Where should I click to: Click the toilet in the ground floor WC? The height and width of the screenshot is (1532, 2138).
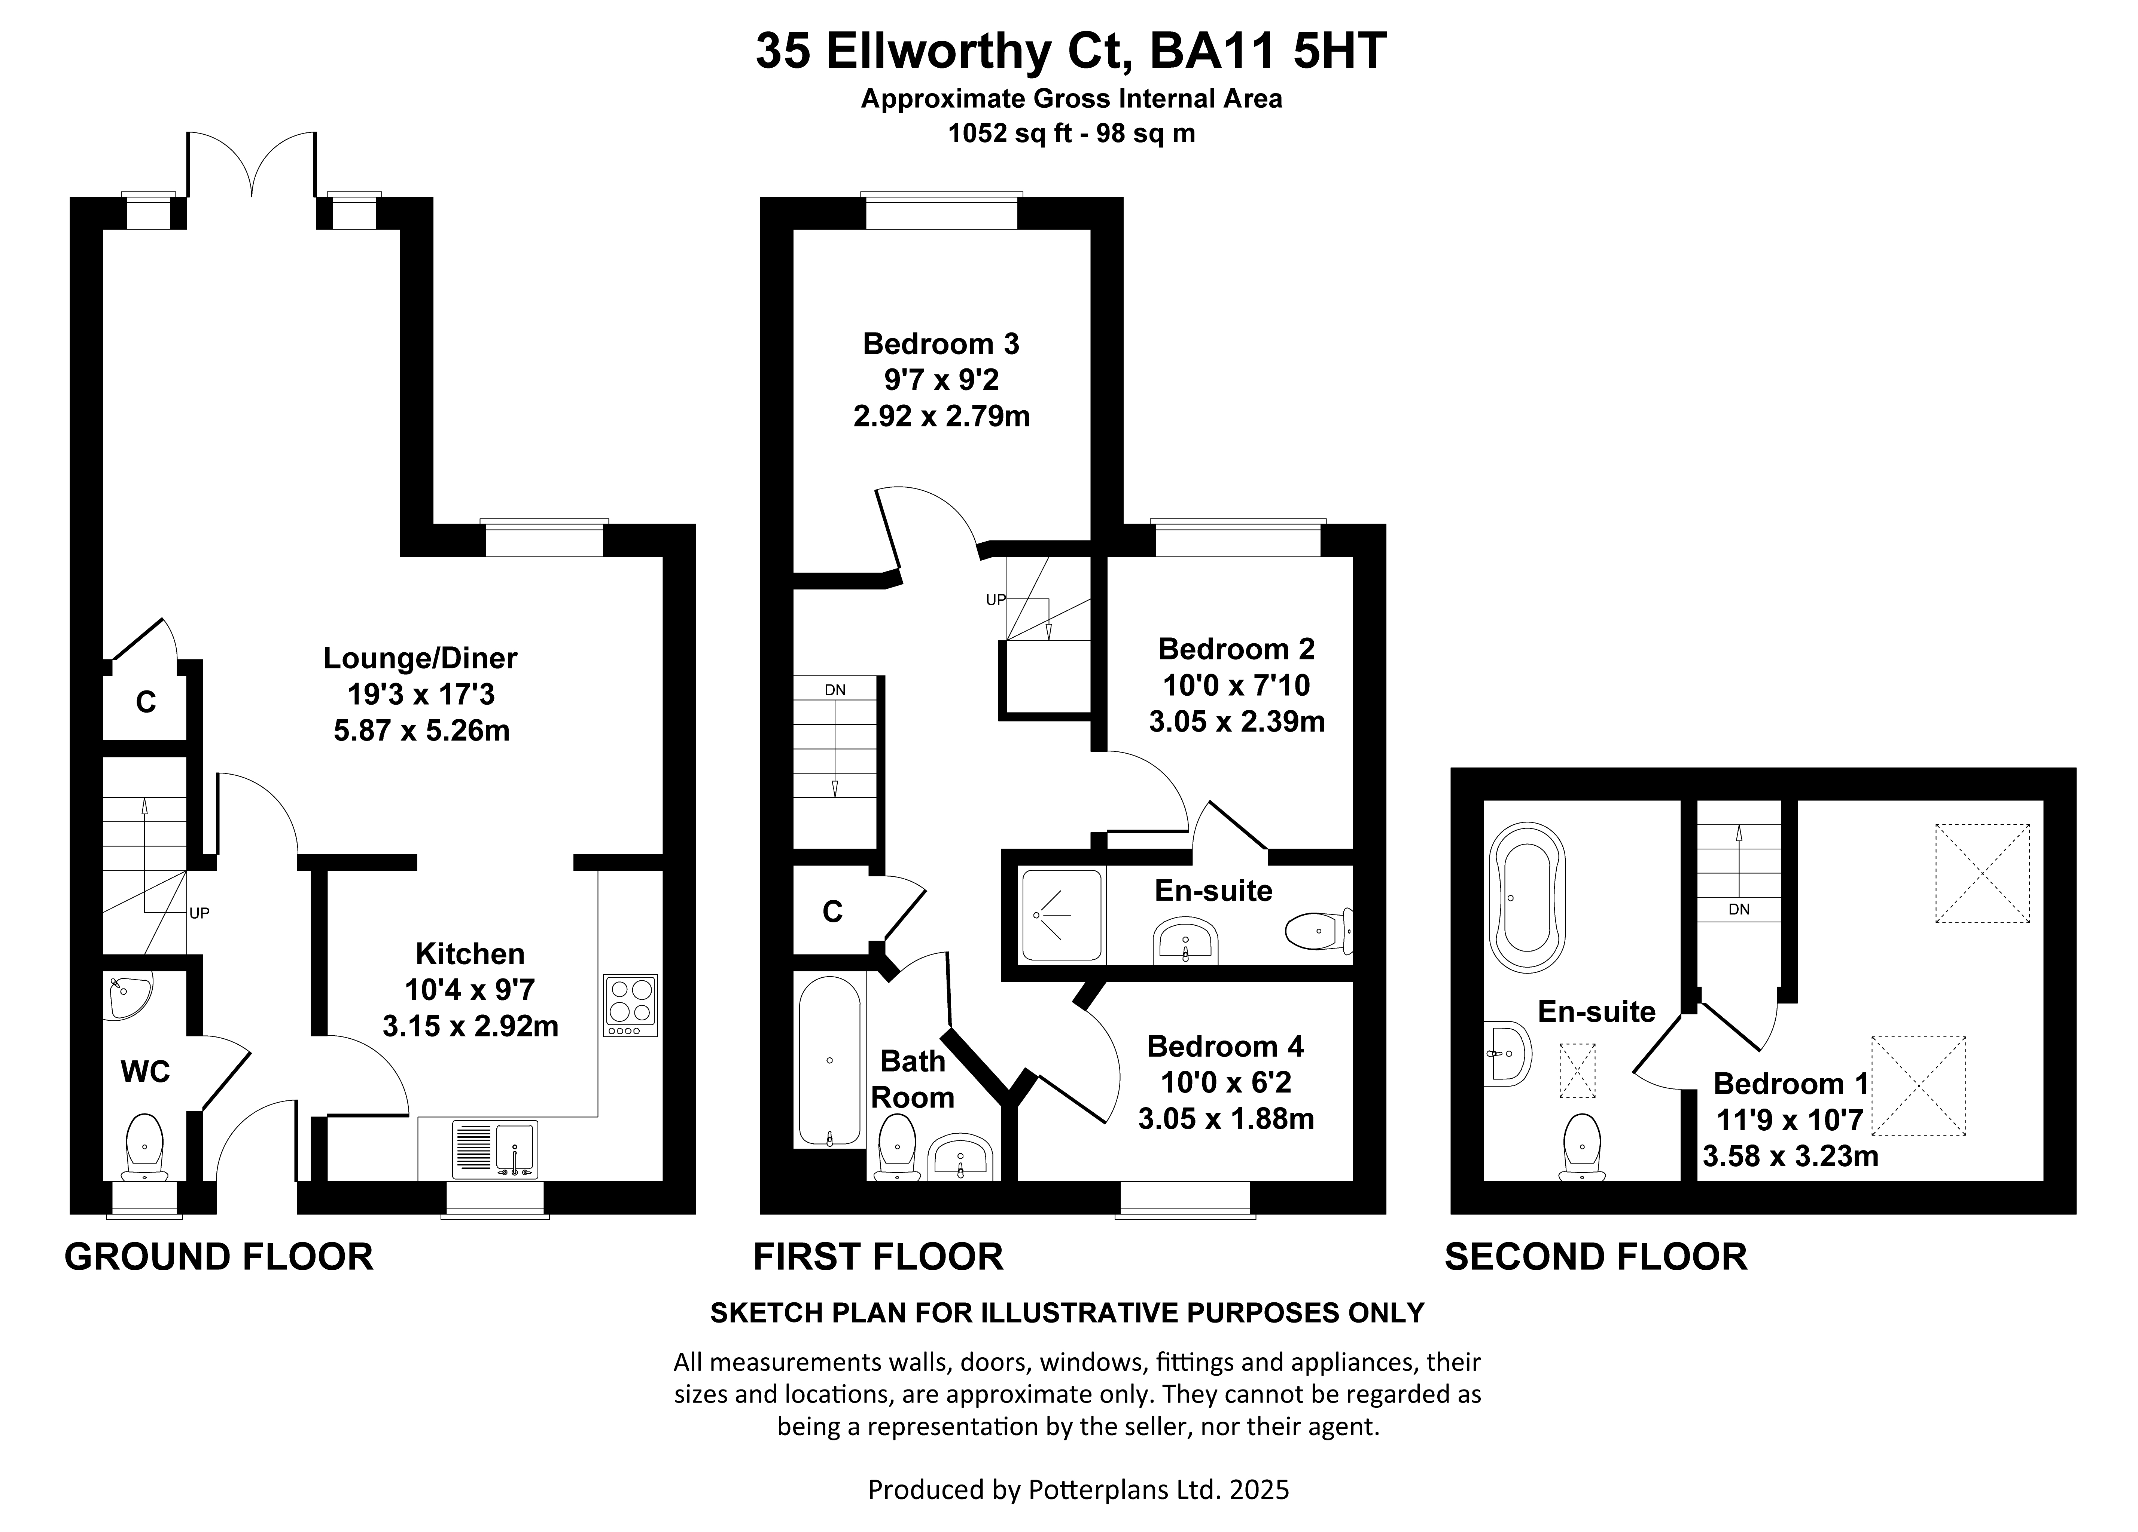pyautogui.click(x=144, y=1148)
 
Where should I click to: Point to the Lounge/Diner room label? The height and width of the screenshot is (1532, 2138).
pyautogui.click(x=420, y=658)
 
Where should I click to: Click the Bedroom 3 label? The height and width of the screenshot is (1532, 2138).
pyautogui.click(x=941, y=344)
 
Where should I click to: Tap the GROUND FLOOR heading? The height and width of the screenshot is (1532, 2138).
pyautogui.click(x=219, y=1257)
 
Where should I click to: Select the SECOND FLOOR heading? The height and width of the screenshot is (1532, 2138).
pyautogui.click(x=1596, y=1257)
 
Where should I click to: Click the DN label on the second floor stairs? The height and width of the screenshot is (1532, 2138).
pyautogui.click(x=1739, y=909)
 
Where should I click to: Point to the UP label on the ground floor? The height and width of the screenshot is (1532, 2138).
pyautogui.click(x=199, y=913)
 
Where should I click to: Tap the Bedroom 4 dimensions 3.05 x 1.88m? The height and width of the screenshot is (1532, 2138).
pyautogui.click(x=1225, y=1118)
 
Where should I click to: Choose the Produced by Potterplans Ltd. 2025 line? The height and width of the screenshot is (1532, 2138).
pyautogui.click(x=1078, y=1490)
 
